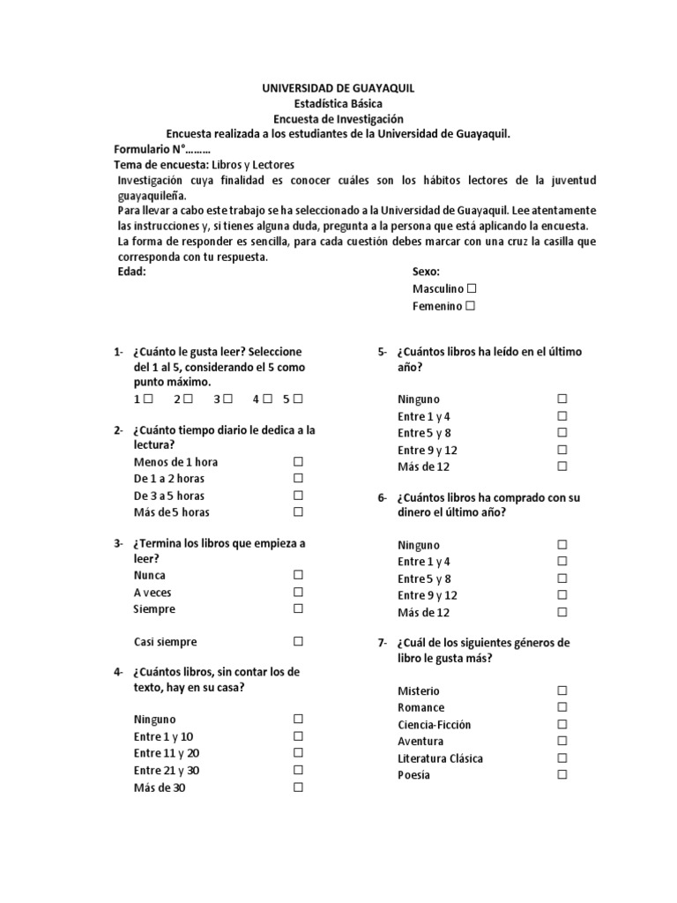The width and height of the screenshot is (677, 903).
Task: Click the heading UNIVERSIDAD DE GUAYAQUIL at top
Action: (338, 88)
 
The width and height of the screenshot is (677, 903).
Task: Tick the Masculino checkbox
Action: (472, 288)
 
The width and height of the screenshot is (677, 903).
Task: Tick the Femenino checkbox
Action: (470, 305)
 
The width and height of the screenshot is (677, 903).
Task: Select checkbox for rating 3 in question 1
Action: (227, 399)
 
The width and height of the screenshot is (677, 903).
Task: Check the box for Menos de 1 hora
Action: (298, 461)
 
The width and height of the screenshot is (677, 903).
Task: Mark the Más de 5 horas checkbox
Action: (298, 511)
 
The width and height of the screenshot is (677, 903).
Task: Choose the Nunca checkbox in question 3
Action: (298, 575)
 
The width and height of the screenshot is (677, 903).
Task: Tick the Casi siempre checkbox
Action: (298, 641)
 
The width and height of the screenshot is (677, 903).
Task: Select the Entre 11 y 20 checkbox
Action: (298, 753)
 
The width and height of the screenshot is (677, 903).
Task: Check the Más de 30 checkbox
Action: (298, 787)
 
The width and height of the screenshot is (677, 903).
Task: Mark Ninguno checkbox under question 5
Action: (562, 399)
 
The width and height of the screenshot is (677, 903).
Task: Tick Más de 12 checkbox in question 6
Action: (562, 611)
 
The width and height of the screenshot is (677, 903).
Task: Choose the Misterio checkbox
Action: (562, 690)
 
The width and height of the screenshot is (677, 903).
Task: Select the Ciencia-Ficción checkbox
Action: (562, 724)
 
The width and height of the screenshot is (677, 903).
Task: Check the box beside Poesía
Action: (562, 774)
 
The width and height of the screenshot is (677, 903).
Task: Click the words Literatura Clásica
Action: (440, 758)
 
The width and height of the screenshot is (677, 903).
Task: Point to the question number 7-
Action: (383, 643)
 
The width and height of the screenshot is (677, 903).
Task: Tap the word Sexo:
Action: (426, 272)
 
